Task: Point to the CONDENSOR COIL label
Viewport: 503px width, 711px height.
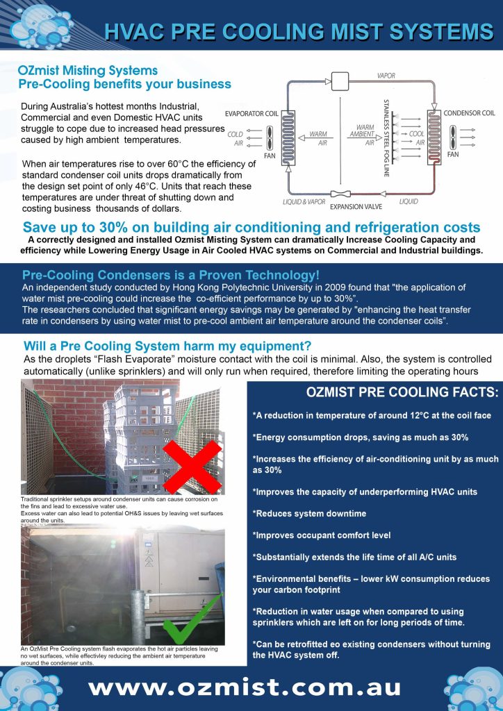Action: [x=470, y=112]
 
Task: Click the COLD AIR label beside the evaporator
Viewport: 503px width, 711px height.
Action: [x=236, y=138]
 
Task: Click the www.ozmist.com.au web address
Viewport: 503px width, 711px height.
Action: [x=245, y=687]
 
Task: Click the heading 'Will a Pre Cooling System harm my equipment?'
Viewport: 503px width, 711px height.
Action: [x=167, y=346]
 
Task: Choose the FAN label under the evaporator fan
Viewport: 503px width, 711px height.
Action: [x=270, y=156]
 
